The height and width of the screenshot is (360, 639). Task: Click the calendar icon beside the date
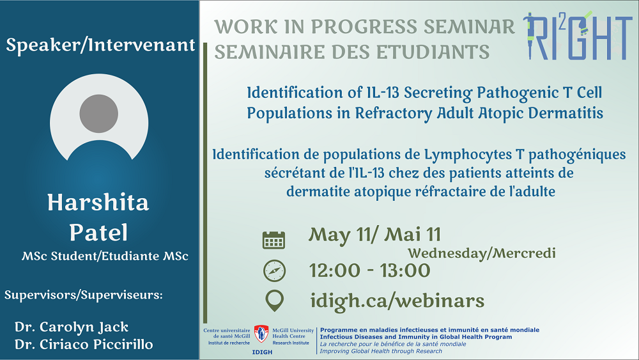274,240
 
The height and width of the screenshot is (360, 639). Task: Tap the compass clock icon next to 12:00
274,270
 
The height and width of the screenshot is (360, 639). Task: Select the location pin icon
275,301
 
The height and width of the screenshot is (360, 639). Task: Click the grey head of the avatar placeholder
98,114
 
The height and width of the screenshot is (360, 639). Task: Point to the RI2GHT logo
578,36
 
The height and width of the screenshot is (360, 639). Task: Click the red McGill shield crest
261,334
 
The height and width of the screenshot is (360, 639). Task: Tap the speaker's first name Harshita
98,203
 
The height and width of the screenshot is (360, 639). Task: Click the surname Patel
98,232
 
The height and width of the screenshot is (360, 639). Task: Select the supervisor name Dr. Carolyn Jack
72,327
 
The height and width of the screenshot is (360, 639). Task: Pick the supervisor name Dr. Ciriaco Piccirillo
84,345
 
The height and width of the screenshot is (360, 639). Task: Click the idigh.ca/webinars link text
397,301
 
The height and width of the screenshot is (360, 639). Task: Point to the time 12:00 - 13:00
369,270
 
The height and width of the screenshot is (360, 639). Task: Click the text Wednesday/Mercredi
482,253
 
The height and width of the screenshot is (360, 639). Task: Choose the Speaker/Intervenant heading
100,45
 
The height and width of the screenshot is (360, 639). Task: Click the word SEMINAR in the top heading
469,26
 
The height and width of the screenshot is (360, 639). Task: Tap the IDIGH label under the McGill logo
262,352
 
